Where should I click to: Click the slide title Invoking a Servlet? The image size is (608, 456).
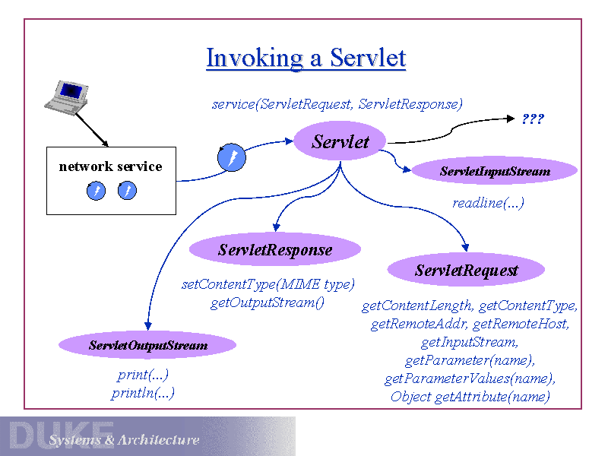[306, 59]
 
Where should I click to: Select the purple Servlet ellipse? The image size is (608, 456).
[340, 141]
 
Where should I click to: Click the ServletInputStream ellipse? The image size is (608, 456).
[494, 171]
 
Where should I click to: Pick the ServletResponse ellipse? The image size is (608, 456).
[274, 249]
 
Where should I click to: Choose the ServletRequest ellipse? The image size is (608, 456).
[466, 270]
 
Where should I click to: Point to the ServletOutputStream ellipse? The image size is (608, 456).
[147, 346]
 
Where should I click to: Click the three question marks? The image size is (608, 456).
[533, 119]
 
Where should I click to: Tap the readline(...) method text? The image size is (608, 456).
[488, 203]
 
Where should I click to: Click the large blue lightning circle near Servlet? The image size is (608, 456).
[232, 158]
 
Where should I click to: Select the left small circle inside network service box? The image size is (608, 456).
[97, 191]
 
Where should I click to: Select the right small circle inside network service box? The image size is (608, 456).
[127, 191]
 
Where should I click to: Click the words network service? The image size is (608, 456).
[110, 166]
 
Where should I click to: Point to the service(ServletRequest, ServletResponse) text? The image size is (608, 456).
[337, 103]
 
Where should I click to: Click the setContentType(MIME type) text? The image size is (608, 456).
[268, 285]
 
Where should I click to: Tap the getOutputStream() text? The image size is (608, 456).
[268, 303]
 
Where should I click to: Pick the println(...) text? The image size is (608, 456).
[143, 393]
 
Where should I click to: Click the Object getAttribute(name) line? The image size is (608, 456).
[470, 397]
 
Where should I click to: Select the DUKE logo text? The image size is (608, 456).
[61, 435]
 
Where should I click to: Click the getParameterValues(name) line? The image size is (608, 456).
[470, 378]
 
